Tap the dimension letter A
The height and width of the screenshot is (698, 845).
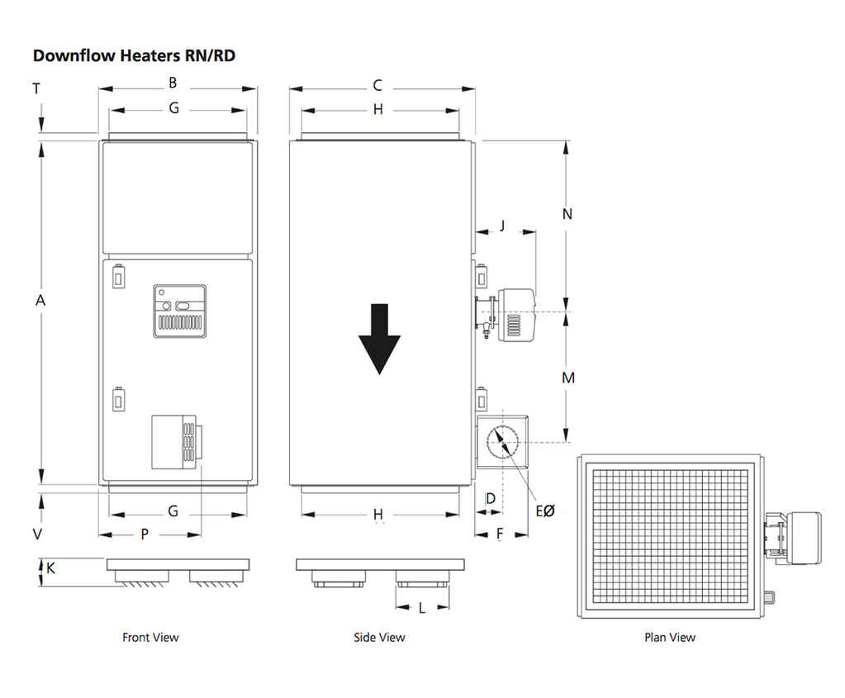[x=40, y=302]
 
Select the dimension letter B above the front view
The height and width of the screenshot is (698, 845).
[x=173, y=83]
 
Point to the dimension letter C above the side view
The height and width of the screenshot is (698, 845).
[x=378, y=85]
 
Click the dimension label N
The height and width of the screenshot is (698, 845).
[x=567, y=215]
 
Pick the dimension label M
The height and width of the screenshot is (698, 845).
[x=567, y=378]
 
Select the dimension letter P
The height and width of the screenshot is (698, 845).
[x=145, y=534]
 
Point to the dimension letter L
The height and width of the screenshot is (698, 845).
[x=422, y=609]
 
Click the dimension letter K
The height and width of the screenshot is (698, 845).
[x=50, y=569]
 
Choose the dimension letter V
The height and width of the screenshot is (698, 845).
[x=37, y=534]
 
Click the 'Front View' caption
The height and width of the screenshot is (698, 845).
[x=150, y=638]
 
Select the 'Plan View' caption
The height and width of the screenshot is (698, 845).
[x=670, y=638]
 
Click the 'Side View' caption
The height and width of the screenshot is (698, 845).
[x=379, y=638]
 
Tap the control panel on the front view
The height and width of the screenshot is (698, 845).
[x=179, y=311]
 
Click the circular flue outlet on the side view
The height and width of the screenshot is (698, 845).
[x=503, y=443]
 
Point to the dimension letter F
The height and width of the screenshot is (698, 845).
[x=501, y=534]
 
